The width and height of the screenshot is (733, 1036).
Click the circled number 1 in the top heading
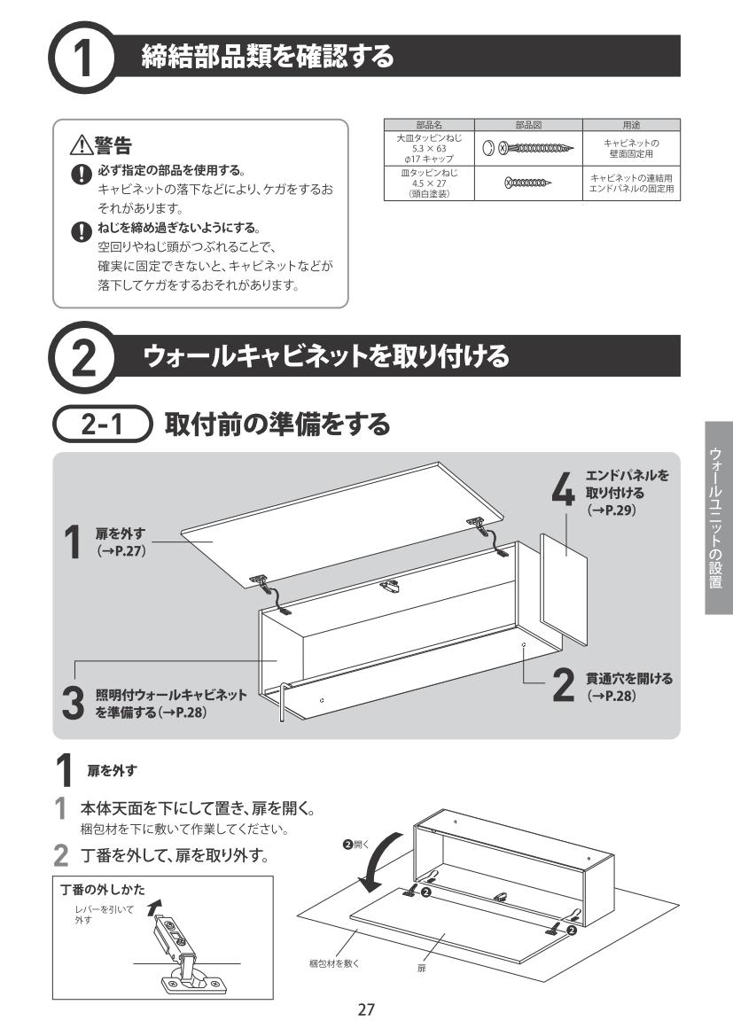click(x=82, y=58)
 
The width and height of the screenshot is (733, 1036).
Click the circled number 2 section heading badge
click(x=82, y=357)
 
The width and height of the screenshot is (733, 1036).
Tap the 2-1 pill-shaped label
click(x=103, y=424)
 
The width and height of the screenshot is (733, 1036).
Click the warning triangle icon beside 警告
click(x=82, y=144)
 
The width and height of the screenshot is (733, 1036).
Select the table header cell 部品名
click(x=429, y=125)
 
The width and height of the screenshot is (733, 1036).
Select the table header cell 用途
click(x=631, y=125)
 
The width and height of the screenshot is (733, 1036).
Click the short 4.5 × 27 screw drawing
click(x=527, y=182)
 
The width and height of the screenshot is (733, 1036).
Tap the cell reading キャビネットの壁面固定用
click(x=631, y=148)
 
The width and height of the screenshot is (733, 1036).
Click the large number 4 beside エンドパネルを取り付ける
click(x=563, y=491)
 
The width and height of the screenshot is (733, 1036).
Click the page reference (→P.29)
click(x=612, y=510)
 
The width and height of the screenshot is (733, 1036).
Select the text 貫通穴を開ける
click(x=628, y=679)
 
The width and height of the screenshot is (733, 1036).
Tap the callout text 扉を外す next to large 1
click(x=120, y=534)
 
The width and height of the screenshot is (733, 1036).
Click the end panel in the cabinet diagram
click(x=564, y=589)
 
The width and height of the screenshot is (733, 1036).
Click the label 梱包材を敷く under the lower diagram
click(x=334, y=963)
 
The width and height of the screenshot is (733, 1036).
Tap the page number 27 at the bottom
click(x=366, y=1009)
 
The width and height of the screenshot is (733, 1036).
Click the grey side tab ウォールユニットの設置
click(x=719, y=518)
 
